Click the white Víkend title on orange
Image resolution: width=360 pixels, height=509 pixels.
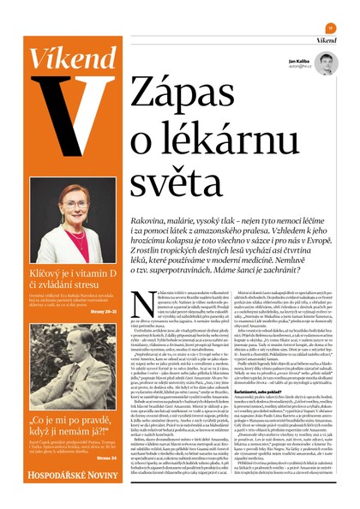coord(59,57)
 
